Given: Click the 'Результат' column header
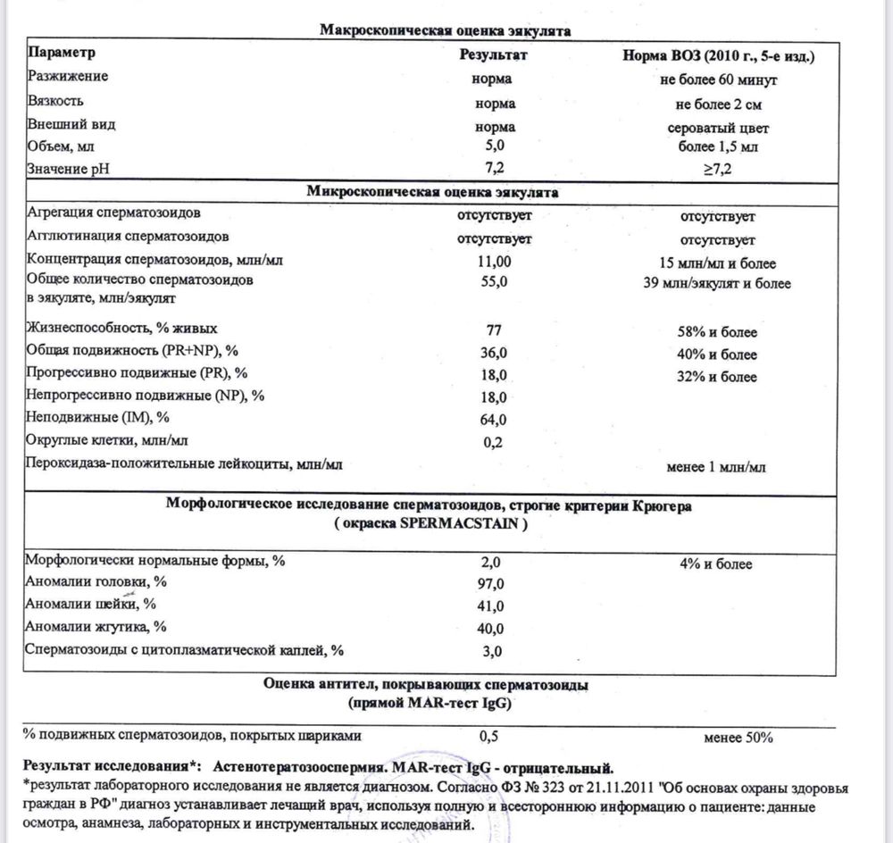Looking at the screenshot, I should coord(494,54).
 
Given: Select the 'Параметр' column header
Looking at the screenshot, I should coord(62,54).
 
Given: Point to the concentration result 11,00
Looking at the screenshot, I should coord(494,263).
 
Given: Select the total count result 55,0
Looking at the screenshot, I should coord(494,282).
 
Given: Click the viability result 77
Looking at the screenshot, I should coord(494,331).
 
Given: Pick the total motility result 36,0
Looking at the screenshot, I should coord(494,354).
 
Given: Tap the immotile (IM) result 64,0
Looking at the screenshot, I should coord(494,419).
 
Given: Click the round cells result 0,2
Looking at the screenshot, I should coord(494,441).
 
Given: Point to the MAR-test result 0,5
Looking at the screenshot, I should coord(488,737).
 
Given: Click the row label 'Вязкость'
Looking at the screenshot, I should coord(56,102).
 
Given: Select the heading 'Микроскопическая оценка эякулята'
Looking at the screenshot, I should coord(433,192).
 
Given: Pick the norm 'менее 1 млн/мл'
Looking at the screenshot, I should coord(717,465).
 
